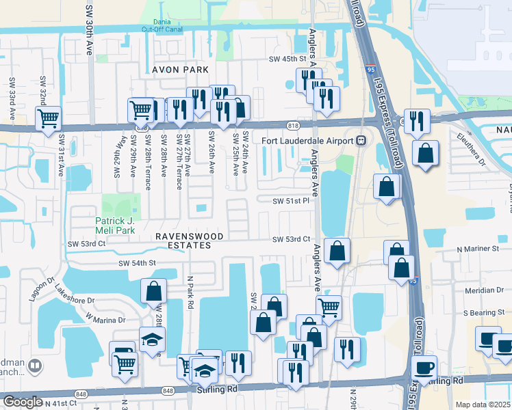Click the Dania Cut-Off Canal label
[162, 25]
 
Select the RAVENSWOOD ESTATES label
[189, 241]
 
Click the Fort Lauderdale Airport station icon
[361, 140]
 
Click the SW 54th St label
[138, 263]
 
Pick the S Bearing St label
[483, 312]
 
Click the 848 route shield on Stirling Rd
[168, 390]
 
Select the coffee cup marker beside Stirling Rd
[425, 368]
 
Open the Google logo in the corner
[23, 402]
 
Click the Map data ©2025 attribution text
[483, 405]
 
